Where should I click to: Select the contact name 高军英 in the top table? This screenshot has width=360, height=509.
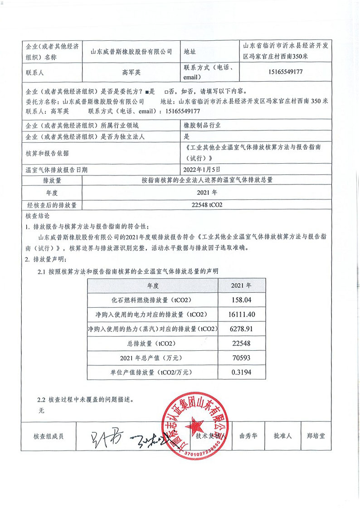point(131,72)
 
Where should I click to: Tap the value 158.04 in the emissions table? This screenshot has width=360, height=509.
point(241,300)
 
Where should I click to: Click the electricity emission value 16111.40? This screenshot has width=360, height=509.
point(241,314)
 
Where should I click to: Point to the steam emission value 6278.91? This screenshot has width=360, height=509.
point(241,329)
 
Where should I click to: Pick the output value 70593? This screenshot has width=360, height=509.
point(241,358)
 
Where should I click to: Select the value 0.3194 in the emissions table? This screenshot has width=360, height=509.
point(241,372)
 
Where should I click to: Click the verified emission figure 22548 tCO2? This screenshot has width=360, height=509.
point(207,205)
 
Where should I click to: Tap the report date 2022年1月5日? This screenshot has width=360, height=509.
point(201,170)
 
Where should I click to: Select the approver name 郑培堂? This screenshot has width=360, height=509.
point(316,436)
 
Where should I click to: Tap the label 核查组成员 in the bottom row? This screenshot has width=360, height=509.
point(49,436)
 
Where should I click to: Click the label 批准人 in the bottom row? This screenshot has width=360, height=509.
point(282,436)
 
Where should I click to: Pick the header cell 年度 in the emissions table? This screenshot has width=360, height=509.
point(153,286)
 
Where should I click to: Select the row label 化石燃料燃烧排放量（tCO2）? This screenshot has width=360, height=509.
point(153,300)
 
